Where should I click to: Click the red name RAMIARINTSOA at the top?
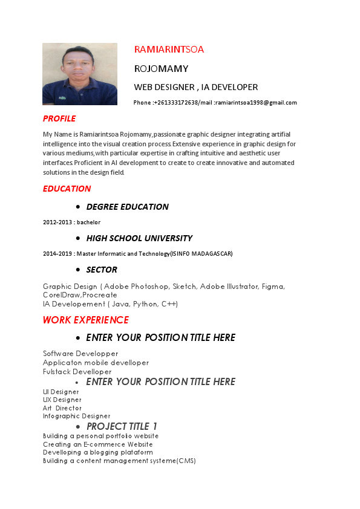pyautogui.click(x=169, y=50)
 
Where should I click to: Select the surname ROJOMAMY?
pyautogui.click(x=161, y=68)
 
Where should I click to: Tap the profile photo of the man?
pyautogui.click(x=80, y=74)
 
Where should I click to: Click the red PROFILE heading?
pyautogui.click(x=59, y=118)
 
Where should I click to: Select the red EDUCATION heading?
pyautogui.click(x=67, y=189)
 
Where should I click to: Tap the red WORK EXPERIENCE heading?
pyautogui.click(x=85, y=320)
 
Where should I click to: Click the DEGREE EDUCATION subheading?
pyautogui.click(x=127, y=207)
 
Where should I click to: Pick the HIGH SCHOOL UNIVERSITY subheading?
pyautogui.click(x=139, y=238)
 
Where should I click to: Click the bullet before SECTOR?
pyautogui.click(x=79, y=270)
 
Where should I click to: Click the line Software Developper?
pyautogui.click(x=80, y=354)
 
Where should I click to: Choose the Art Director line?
pyautogui.click(x=62, y=408)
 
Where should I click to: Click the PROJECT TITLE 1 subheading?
pyautogui.click(x=122, y=427)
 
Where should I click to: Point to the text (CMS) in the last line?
pyautogui.click(x=186, y=461)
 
